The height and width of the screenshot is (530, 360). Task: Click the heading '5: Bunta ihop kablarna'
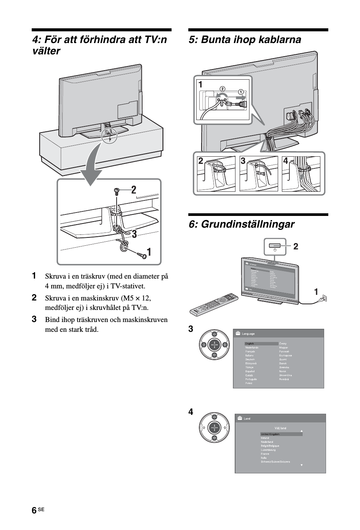[x=245, y=40]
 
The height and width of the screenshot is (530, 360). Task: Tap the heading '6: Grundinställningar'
[x=242, y=224]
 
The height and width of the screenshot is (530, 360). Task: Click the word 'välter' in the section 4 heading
[x=46, y=51]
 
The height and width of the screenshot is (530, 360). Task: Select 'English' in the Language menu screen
[x=250, y=344]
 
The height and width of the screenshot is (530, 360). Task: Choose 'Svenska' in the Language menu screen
[x=284, y=367]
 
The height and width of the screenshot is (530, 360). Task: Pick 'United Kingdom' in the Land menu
[x=270, y=434]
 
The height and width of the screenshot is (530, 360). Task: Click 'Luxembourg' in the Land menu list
[x=268, y=450]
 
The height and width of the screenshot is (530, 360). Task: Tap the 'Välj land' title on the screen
[x=280, y=428]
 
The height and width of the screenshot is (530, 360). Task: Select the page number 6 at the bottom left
[x=34, y=510]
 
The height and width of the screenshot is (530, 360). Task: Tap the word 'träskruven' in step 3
[x=82, y=320]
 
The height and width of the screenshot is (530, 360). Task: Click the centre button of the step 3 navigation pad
[x=214, y=345]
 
